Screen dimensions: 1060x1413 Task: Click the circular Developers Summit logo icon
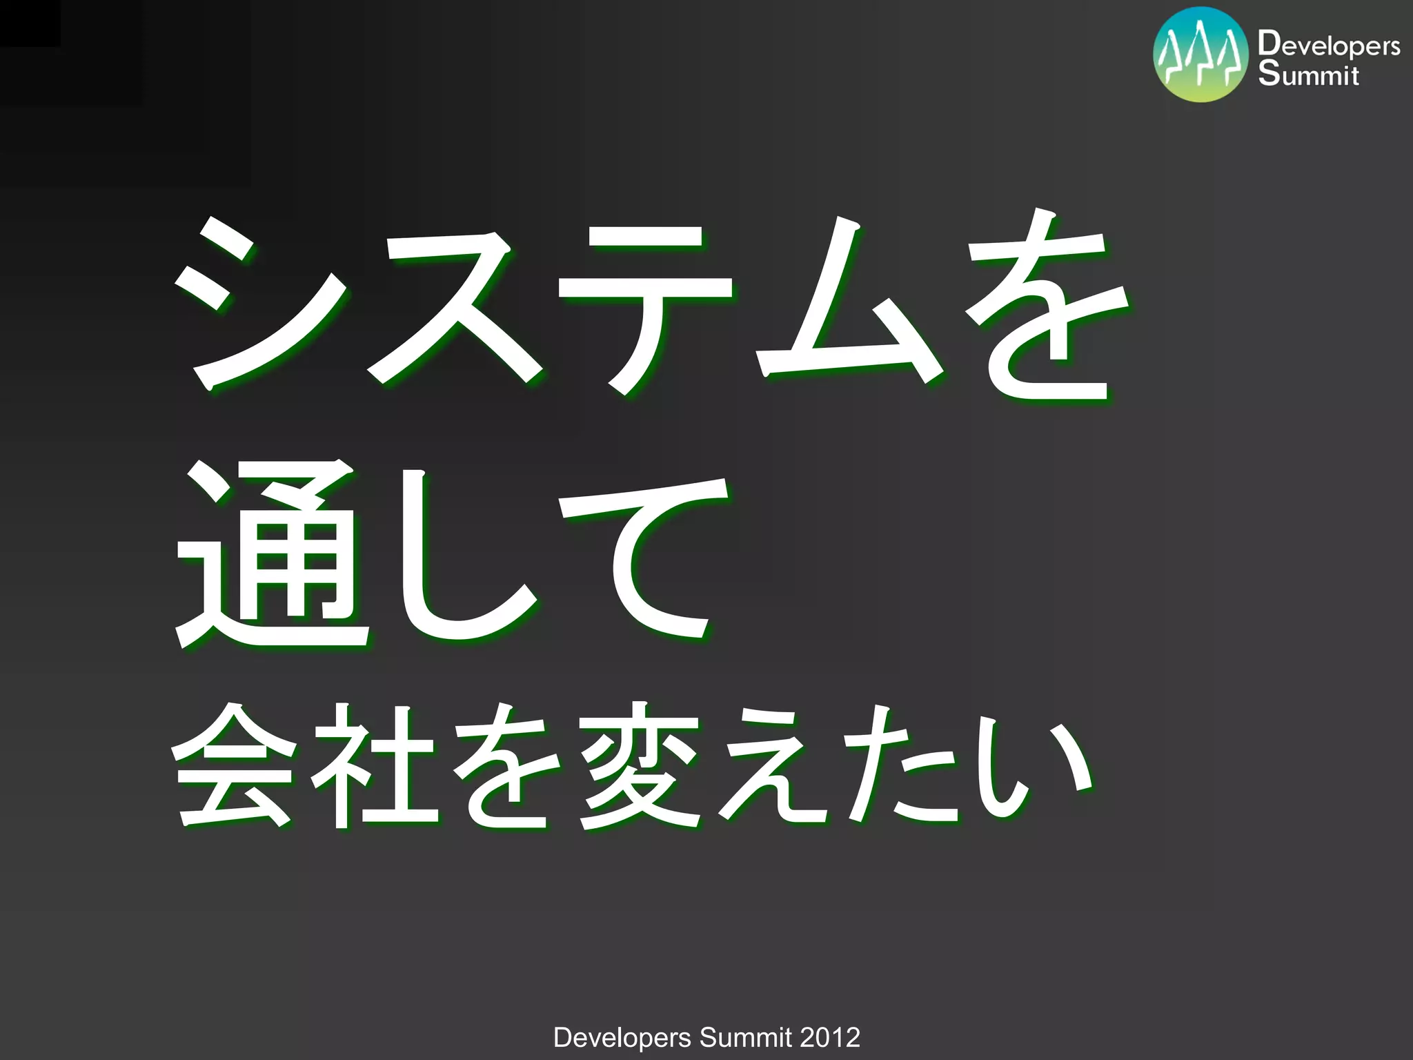pos(1200,55)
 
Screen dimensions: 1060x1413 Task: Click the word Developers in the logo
pos(1329,46)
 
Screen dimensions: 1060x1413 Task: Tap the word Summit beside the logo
pos(1308,75)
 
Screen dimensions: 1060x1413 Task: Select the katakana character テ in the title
pos(645,307)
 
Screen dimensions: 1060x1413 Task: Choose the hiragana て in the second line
pos(645,559)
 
